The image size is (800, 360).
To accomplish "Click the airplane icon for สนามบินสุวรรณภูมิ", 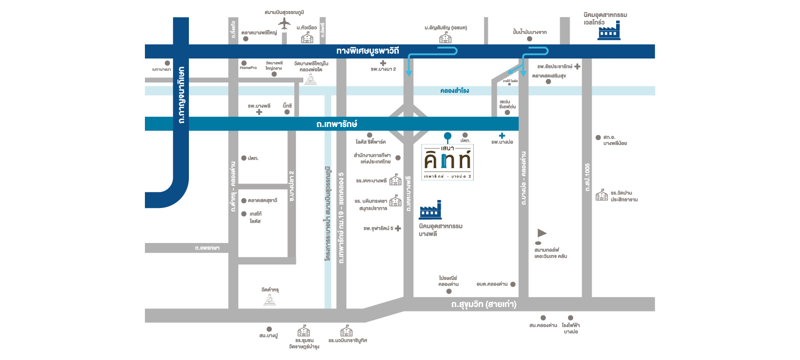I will (x=284, y=23).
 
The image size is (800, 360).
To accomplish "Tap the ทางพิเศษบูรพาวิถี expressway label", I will (x=368, y=51).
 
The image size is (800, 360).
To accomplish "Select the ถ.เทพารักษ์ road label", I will (x=337, y=124).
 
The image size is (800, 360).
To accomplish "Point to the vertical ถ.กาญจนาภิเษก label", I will (x=181, y=95).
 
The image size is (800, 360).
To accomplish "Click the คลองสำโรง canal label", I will (x=455, y=90).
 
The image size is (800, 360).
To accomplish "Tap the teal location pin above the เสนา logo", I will (x=448, y=136).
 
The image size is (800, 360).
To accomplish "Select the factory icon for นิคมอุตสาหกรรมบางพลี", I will (x=431, y=211).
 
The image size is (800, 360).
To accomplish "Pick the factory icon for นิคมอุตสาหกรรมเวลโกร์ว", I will (x=609, y=31).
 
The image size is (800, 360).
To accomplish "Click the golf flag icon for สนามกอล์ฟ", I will (x=541, y=233).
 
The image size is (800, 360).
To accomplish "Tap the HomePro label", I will (x=248, y=68).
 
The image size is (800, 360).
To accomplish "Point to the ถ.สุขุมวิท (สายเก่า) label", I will (x=484, y=304).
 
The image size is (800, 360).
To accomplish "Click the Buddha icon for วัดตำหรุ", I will (x=270, y=300).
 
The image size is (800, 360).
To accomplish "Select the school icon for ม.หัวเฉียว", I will (x=307, y=37).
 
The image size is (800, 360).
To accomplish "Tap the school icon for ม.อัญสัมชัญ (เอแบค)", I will (x=445, y=37).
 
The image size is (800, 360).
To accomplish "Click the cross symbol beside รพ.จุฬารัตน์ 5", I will (x=398, y=228).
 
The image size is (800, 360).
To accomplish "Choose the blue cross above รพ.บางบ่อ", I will (x=502, y=135).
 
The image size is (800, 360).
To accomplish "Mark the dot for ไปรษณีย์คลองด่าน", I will (x=449, y=291).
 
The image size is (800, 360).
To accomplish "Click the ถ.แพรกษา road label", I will (x=207, y=248).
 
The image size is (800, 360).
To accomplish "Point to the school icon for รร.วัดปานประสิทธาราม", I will (x=602, y=195).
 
